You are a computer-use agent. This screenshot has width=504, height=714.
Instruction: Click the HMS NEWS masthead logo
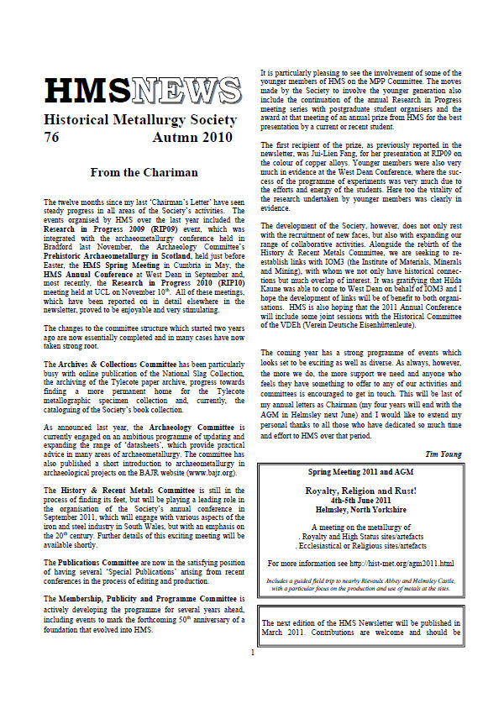coord(142,90)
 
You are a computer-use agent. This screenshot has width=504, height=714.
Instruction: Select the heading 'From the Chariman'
coord(144,173)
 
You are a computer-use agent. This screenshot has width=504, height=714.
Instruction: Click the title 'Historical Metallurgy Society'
coord(141,120)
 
